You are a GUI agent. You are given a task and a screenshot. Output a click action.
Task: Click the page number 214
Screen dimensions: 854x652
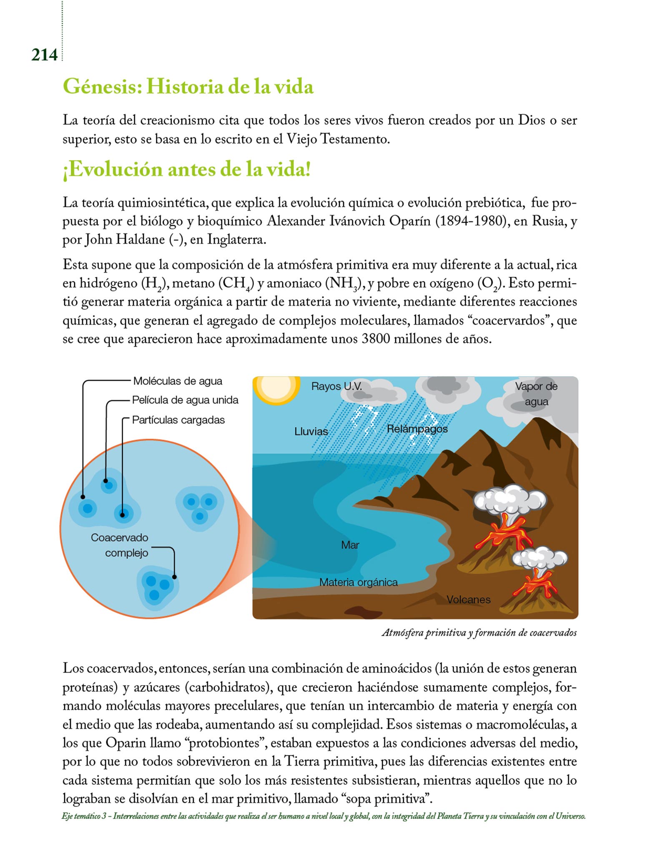click(44, 55)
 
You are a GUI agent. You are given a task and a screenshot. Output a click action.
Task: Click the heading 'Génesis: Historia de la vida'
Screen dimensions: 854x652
click(188, 87)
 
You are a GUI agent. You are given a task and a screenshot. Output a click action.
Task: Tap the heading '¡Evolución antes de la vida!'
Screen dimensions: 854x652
click(186, 169)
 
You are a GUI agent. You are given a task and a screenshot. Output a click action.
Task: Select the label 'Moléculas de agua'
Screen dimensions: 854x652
click(178, 381)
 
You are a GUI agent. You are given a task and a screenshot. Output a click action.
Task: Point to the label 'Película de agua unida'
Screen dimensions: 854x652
click(185, 400)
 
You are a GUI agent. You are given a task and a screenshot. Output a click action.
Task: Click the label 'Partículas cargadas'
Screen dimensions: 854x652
click(178, 419)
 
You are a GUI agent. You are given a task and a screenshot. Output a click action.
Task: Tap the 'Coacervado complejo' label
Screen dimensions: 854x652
click(120, 545)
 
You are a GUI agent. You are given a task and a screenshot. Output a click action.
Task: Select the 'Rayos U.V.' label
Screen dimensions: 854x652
click(336, 386)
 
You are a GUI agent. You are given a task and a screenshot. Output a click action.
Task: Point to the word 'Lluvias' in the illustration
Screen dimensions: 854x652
click(311, 431)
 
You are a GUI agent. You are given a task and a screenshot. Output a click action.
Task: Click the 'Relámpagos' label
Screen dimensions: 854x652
click(417, 429)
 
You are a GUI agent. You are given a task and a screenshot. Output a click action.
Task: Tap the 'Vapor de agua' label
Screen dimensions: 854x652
click(536, 394)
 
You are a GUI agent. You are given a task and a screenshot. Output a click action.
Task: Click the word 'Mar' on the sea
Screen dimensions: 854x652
click(350, 545)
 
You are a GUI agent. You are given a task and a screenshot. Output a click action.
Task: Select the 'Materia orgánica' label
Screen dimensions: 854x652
click(358, 582)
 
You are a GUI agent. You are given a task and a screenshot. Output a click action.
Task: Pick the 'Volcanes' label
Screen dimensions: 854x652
click(468, 600)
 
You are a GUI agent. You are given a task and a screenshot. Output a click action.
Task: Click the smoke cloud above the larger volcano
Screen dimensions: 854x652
click(510, 499)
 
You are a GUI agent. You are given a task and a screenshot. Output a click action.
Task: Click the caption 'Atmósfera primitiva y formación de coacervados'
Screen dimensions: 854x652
click(479, 633)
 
